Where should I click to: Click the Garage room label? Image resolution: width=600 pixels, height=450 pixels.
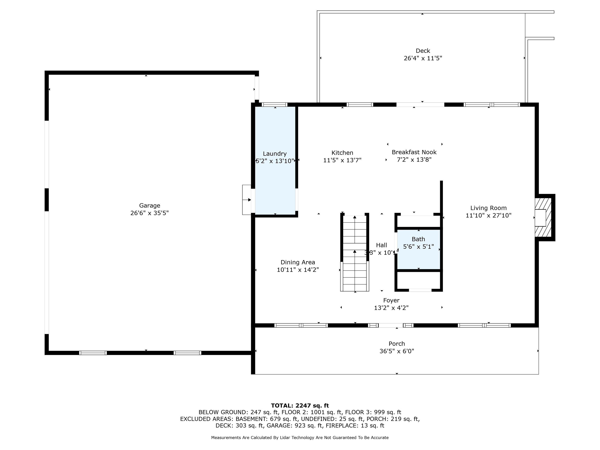149,206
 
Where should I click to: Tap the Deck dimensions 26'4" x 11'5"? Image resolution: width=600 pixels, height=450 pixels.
423,58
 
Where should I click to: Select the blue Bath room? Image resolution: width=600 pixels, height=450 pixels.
418,250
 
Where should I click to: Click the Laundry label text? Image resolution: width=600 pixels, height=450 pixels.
274,154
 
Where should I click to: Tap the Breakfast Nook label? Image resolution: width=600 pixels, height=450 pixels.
414,152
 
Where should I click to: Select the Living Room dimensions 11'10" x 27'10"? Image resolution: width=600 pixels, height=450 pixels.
488,216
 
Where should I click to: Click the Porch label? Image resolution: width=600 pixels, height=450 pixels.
396,344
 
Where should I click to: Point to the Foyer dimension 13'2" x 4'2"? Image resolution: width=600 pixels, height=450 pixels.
391,308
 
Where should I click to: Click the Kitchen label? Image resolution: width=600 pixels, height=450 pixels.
342,153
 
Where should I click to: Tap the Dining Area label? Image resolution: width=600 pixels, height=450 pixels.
298,262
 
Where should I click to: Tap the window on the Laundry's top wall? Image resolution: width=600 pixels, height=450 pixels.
274,104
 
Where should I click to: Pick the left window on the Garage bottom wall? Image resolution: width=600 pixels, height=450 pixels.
93,353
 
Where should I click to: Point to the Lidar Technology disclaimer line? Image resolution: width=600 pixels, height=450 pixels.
300,437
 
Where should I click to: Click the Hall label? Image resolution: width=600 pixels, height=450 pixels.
381,245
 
